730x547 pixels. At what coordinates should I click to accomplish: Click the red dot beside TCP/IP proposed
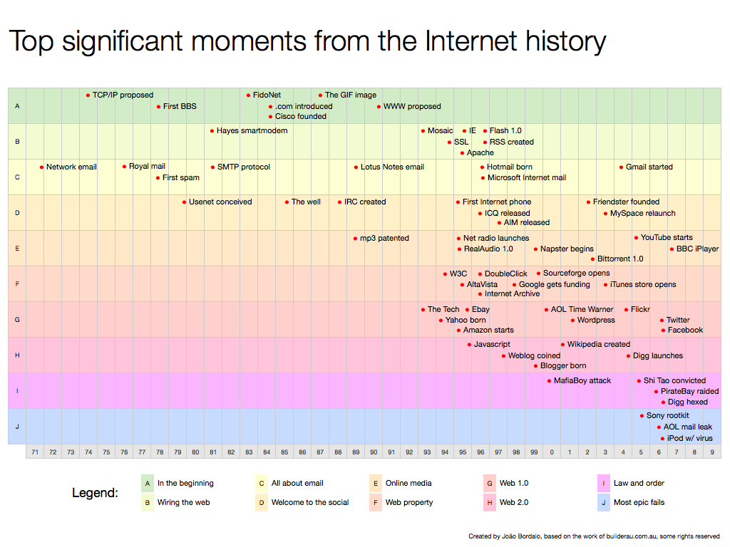[88, 95]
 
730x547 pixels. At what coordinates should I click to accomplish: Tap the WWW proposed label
[412, 106]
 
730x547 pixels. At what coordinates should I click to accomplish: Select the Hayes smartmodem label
[252, 130]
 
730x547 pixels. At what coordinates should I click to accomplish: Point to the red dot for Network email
[42, 167]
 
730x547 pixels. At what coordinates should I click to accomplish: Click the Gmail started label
[649, 167]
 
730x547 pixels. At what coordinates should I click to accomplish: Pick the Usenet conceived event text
[220, 202]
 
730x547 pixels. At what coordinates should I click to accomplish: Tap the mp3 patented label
[384, 238]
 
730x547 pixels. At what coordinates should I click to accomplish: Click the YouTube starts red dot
[636, 237]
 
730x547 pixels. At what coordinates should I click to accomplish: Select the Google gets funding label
[554, 284]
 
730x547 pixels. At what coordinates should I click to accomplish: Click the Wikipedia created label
[598, 344]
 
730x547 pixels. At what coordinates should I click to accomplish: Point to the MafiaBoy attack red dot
[549, 380]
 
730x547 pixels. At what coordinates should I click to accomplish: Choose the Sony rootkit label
[667, 415]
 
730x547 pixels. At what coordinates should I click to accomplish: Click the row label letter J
[17, 427]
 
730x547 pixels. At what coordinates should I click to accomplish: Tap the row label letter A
[17, 106]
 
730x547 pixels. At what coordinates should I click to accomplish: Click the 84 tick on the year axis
[267, 452]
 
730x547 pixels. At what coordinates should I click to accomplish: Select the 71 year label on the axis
[35, 452]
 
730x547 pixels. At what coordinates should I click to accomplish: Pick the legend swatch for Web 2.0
[490, 502]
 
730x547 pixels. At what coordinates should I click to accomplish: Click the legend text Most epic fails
[639, 502]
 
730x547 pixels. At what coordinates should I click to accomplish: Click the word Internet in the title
[473, 41]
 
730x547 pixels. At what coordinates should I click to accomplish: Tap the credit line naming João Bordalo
[593, 536]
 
